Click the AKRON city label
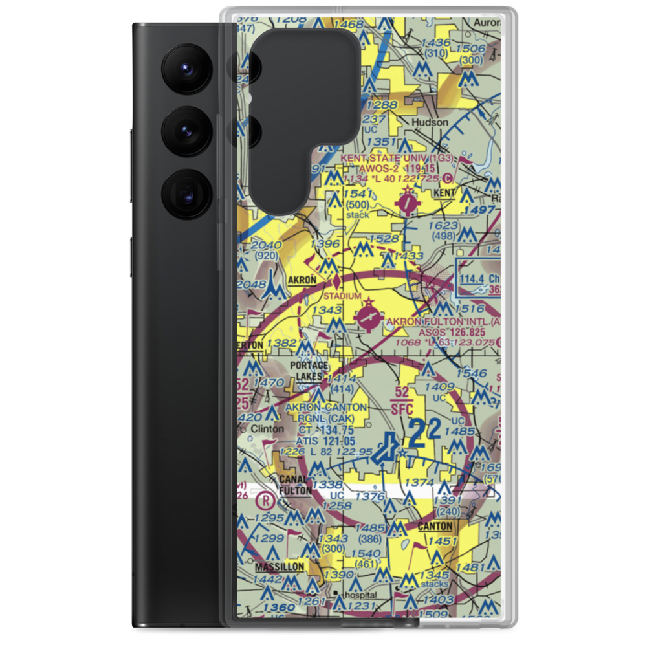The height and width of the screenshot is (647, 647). click(302, 280)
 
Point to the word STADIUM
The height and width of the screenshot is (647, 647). click(342, 296)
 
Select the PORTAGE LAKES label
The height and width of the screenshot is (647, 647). click(309, 371)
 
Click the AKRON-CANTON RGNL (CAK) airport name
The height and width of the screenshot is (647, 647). click(326, 412)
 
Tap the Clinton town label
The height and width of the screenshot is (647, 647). click(267, 428)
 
